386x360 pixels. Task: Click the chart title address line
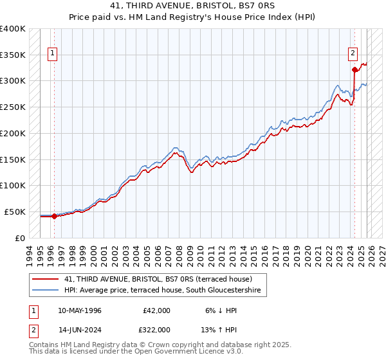(x=192, y=7)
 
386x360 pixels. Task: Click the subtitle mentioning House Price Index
(x=192, y=18)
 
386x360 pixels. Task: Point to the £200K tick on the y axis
(x=13, y=133)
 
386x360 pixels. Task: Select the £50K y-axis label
(x=15, y=212)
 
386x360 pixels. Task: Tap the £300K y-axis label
(x=13, y=81)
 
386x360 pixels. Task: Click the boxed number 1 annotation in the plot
(x=52, y=53)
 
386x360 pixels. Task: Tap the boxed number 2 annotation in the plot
(x=353, y=53)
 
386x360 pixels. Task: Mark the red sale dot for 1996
(x=54, y=216)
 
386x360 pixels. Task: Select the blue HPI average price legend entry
(x=165, y=291)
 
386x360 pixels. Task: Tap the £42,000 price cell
(x=156, y=310)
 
